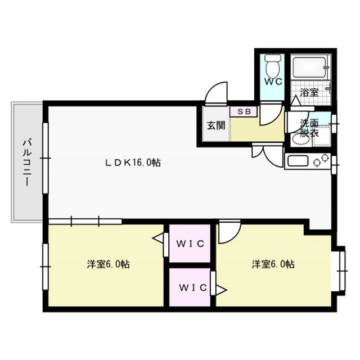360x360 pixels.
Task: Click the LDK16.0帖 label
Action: pos(133,163)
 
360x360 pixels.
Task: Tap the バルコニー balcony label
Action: pos(27,163)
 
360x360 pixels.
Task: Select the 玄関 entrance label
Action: pos(216,125)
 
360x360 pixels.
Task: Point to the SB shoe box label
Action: pos(244,111)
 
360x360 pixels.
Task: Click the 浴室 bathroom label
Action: pos(309,92)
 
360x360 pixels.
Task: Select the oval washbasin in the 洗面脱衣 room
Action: pos(300,139)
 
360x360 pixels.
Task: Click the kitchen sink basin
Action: pos(298,161)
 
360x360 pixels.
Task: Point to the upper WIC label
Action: pos(190,244)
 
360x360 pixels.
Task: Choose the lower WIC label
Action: pos(193,287)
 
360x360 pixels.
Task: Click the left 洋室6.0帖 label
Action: pos(108,264)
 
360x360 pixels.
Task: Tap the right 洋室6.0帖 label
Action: pos(273,264)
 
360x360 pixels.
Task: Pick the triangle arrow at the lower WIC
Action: pos(221,290)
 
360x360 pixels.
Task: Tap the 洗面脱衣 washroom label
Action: pos(309,128)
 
